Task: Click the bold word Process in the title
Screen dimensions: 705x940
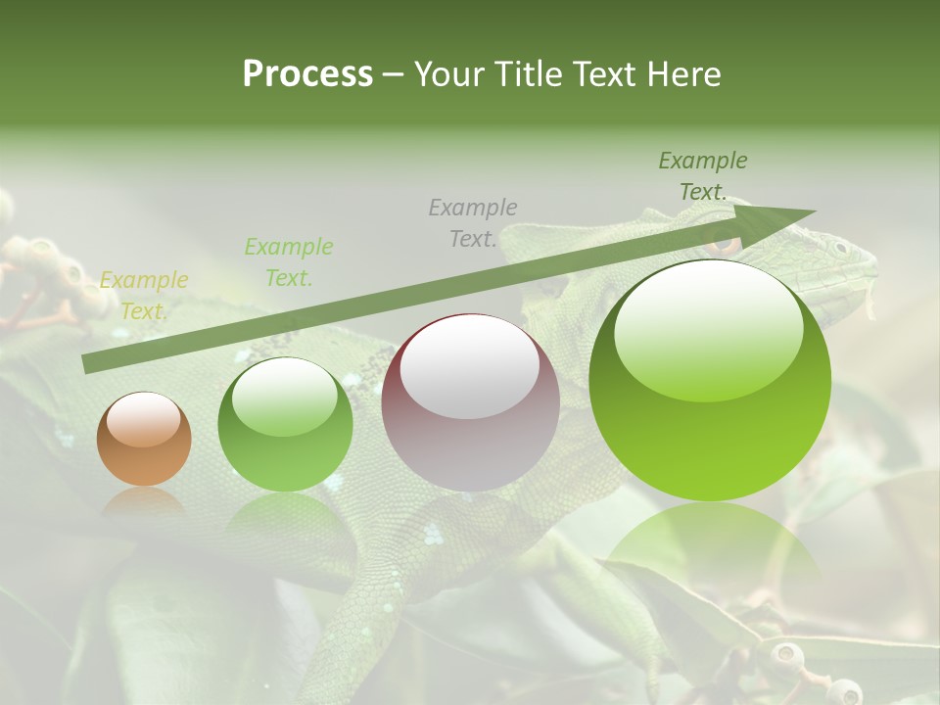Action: (x=307, y=73)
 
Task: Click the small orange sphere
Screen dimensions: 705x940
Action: (x=144, y=439)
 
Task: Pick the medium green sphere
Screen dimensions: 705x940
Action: (x=285, y=424)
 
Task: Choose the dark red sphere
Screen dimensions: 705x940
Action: (x=470, y=402)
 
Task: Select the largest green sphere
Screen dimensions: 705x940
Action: (x=710, y=381)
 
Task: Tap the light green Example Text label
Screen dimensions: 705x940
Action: (x=289, y=262)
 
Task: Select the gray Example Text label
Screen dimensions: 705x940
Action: (x=473, y=222)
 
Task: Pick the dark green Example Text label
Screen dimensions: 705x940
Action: (x=702, y=176)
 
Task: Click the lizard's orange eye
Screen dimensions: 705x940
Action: (x=724, y=244)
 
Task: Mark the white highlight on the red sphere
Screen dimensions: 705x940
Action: (x=470, y=368)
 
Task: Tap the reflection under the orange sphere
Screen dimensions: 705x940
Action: (x=144, y=501)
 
